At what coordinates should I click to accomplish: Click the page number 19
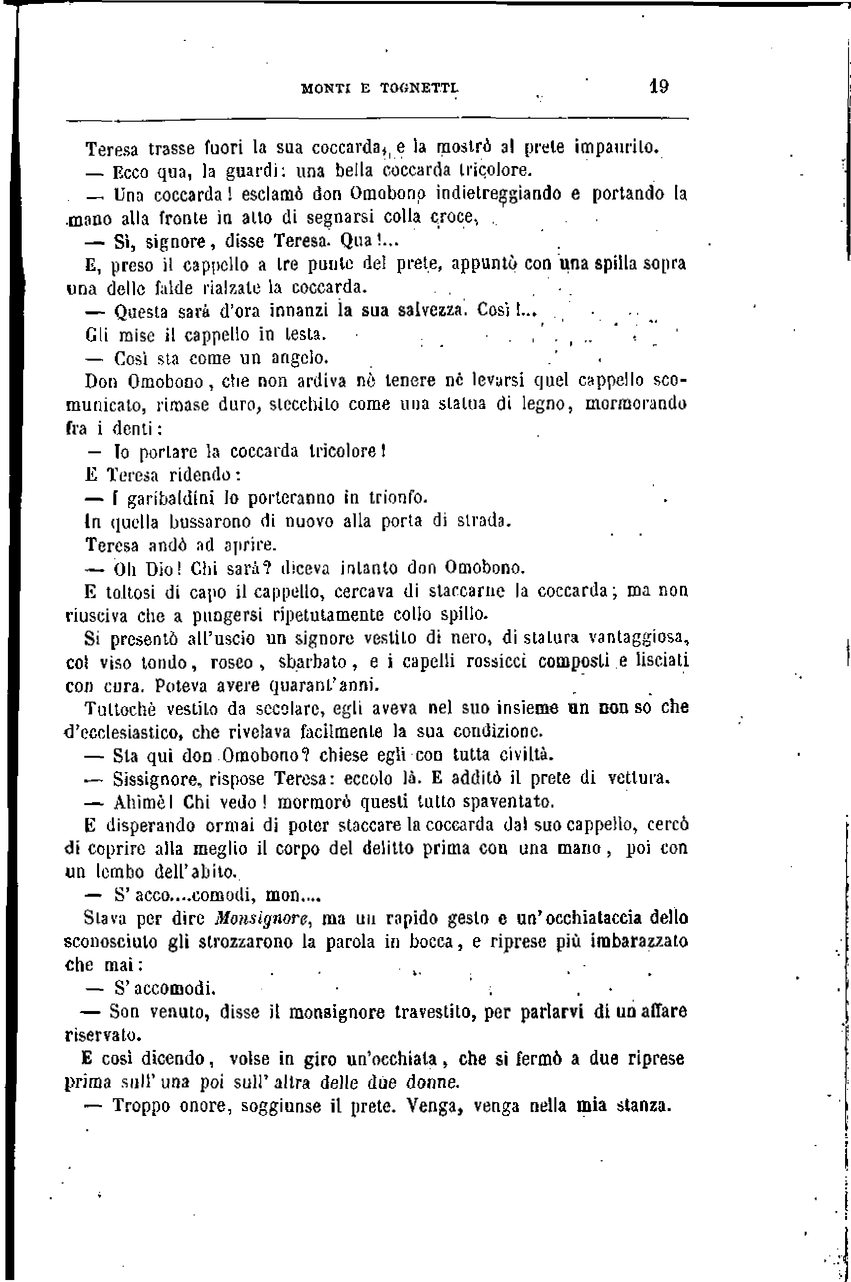tap(659, 86)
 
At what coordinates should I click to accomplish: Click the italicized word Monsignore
tap(262, 918)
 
